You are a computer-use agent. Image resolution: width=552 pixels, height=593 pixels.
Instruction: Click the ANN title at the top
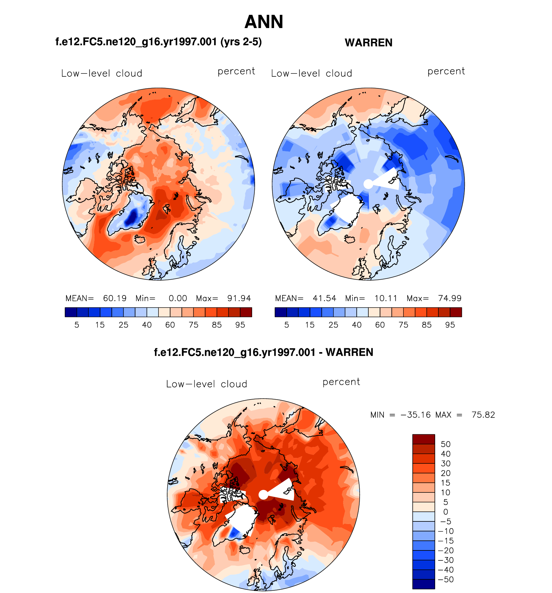[x=264, y=22]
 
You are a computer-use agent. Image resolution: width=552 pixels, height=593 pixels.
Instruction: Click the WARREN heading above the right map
[x=368, y=43]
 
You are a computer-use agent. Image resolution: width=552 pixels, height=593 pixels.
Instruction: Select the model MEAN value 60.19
[x=115, y=298]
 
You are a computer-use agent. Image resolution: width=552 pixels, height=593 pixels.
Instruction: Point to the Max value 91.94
[x=239, y=298]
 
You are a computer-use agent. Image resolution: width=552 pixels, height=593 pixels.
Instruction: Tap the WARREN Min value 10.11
[x=386, y=298]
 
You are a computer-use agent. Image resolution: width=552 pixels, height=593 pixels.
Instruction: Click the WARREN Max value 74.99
[x=450, y=298]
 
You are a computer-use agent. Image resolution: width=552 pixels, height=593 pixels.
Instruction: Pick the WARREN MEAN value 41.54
[x=324, y=298]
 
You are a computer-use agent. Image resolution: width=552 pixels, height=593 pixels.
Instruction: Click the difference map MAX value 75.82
[x=483, y=415]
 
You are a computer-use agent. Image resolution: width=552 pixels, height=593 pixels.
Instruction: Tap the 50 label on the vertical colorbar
[x=445, y=444]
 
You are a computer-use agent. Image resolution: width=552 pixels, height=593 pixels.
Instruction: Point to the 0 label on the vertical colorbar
[x=445, y=512]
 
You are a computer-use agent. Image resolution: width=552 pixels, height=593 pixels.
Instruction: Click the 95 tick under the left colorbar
[x=240, y=325]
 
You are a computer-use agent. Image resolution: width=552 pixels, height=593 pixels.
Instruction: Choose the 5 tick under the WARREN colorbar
[x=287, y=325]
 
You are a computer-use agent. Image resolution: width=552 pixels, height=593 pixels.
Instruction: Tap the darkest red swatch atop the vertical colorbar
[x=424, y=439]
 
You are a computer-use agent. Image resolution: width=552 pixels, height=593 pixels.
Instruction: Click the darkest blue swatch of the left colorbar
[x=71, y=312]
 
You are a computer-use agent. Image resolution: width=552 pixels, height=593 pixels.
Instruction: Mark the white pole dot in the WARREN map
[x=368, y=184]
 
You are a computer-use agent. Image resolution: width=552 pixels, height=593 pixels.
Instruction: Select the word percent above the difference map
[x=341, y=382]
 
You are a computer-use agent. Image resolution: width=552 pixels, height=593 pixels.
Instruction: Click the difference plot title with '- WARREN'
[x=263, y=352]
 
